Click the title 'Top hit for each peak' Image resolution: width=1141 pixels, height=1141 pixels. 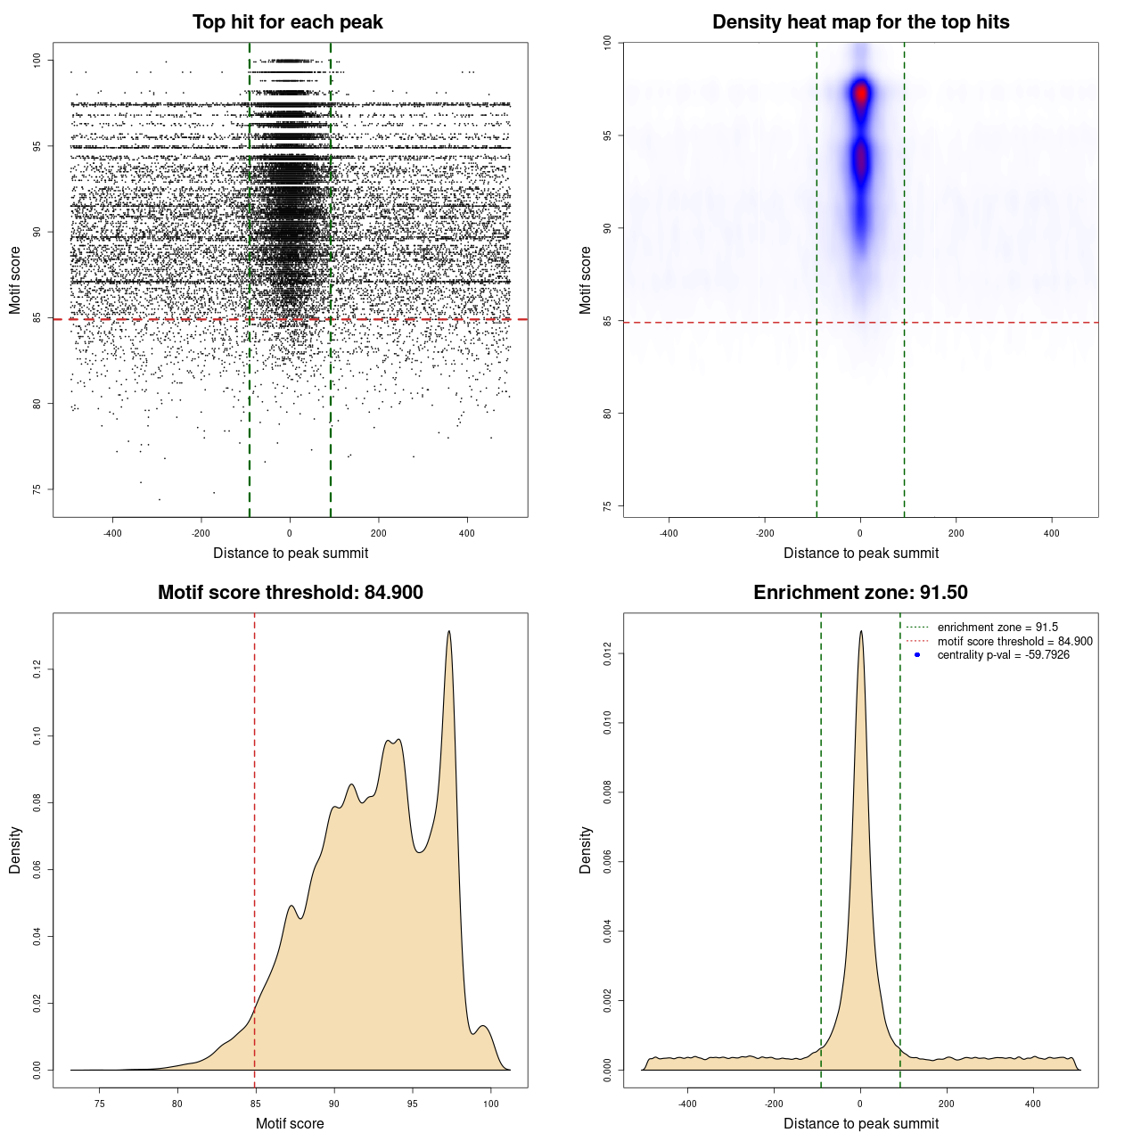287,22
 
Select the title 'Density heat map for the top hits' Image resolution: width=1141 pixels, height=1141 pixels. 860,22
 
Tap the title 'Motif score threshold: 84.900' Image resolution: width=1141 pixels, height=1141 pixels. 290,593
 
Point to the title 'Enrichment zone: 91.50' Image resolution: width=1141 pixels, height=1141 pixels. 860,593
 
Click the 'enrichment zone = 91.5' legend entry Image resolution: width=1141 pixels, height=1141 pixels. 997,628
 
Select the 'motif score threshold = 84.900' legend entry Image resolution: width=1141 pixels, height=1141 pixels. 1014,641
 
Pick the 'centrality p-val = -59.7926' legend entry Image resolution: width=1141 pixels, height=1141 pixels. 1003,655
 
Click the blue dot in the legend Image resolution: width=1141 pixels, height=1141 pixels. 917,655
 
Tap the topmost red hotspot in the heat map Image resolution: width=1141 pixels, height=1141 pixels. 860,93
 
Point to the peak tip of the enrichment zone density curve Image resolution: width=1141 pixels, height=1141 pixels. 860,631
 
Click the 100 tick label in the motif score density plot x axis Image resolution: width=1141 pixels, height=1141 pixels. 490,1104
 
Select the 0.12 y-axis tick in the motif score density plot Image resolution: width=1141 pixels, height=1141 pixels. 37,669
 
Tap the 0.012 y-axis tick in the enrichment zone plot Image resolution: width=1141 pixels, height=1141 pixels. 608,654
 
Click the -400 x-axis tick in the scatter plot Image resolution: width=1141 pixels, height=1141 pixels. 112,533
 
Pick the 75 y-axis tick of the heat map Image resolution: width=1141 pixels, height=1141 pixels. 608,505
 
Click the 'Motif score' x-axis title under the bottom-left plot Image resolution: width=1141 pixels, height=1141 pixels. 290,1123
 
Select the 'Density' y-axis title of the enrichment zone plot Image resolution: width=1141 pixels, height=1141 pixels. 586,850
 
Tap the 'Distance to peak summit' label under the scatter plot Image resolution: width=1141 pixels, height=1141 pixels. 291,553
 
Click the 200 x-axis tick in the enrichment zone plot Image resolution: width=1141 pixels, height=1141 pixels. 947,1104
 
